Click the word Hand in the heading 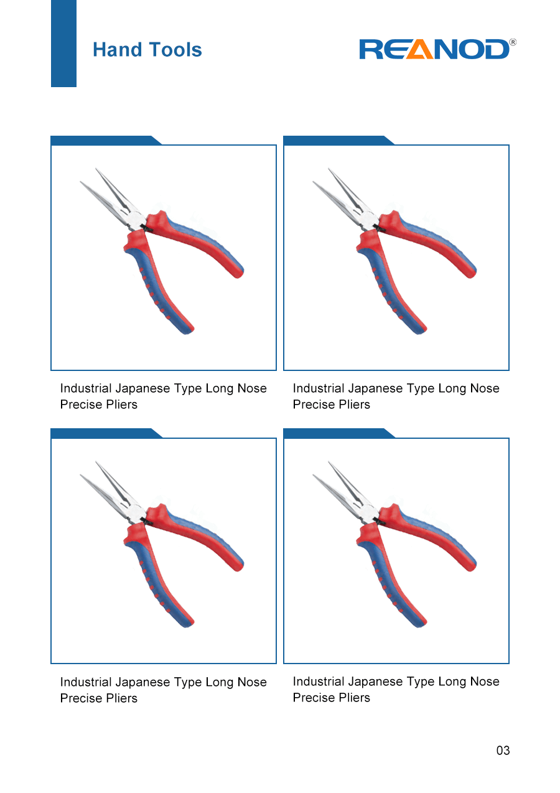(x=117, y=49)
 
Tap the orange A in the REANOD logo (x=420, y=49)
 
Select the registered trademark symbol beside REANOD (x=513, y=42)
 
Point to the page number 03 (x=503, y=750)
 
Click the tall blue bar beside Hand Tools (x=63, y=43)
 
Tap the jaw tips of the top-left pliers (x=88, y=176)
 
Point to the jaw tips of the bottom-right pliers (x=320, y=469)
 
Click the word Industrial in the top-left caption (x=86, y=388)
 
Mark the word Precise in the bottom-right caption (x=314, y=697)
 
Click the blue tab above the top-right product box (x=338, y=141)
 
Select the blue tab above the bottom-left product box (x=106, y=433)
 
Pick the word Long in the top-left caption (x=220, y=388)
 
